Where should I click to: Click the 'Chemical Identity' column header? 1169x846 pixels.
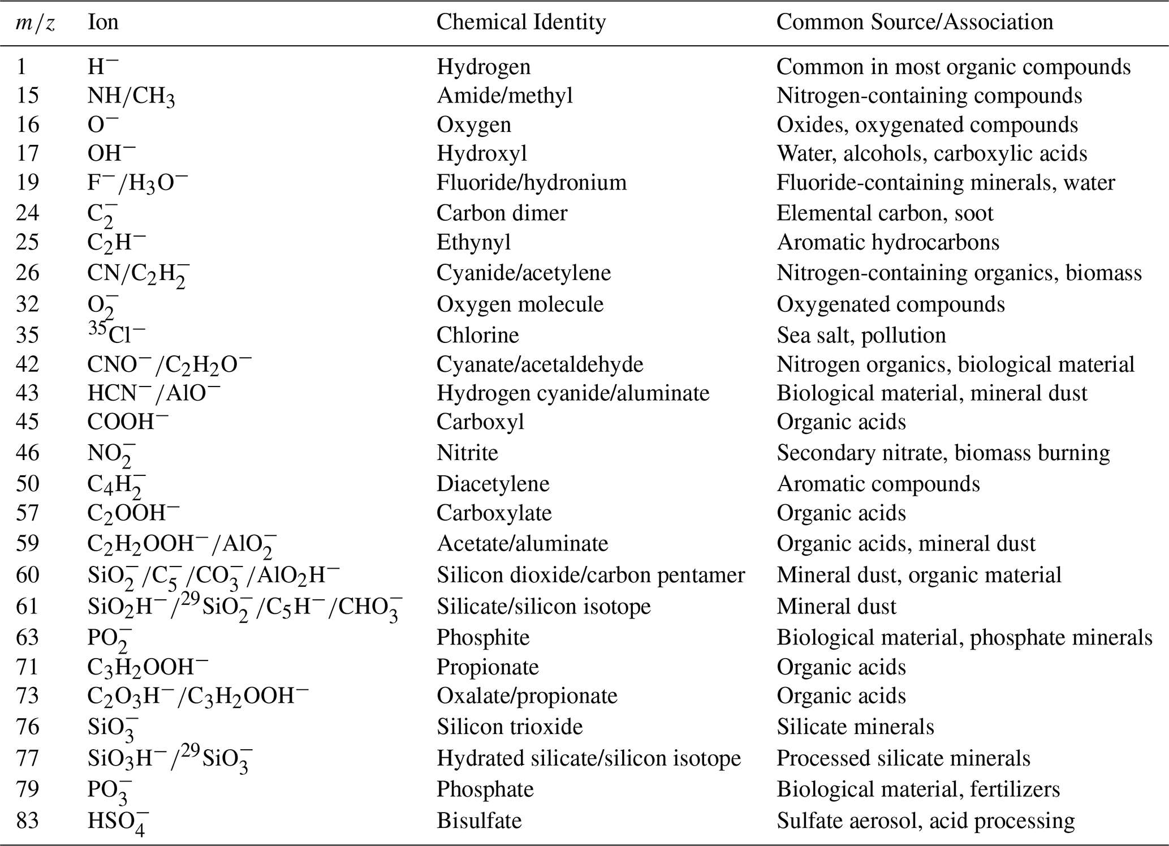coord(521,22)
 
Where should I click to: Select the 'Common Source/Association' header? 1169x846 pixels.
coord(915,22)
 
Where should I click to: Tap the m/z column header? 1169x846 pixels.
coord(35,23)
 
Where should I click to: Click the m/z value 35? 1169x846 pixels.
coord(27,335)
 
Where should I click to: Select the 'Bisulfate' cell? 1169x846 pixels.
coord(479,821)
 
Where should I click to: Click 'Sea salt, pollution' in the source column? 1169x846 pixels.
coord(861,335)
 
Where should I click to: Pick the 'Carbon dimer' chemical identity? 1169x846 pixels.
coord(502,213)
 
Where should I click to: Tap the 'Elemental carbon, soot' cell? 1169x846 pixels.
coord(885,213)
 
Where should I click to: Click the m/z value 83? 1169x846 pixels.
coord(27,821)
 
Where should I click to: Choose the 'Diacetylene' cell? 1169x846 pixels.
coord(493,484)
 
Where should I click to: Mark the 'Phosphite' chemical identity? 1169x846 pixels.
coord(483,637)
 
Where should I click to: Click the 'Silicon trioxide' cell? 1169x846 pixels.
coord(510,727)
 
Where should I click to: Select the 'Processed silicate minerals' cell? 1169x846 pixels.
coord(903,758)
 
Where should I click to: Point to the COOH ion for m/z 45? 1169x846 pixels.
coord(128,422)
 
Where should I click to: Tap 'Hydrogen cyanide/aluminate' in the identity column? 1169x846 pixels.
coord(573,393)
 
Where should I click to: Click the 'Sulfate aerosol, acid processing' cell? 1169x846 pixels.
coord(925,821)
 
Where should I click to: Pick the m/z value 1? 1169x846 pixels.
coord(21,67)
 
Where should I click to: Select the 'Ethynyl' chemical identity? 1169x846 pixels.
coord(473,242)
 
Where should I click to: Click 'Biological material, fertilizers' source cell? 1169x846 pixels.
coord(918,789)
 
